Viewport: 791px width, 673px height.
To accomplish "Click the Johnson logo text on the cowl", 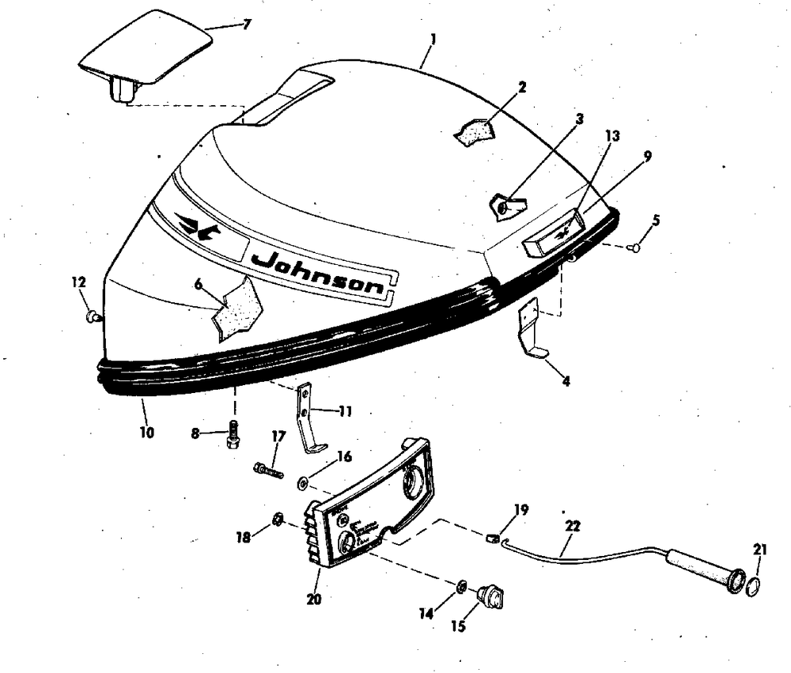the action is (x=320, y=273).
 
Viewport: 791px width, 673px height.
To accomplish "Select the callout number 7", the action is (x=246, y=25).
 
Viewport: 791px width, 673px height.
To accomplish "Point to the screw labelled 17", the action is (x=267, y=471).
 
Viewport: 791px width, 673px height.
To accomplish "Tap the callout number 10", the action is (x=147, y=433).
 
